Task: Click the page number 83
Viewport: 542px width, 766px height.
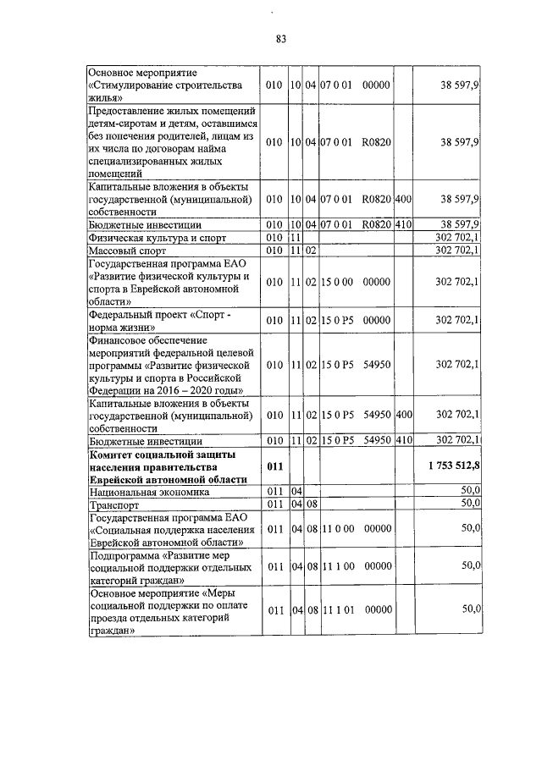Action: [x=281, y=39]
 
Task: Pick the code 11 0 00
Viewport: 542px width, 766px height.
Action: [x=337, y=529]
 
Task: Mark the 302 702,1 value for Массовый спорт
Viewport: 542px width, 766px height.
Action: [x=457, y=251]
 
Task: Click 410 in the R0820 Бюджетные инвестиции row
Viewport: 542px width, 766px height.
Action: [x=403, y=224]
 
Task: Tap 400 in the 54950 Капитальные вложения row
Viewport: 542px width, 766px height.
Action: [x=403, y=415]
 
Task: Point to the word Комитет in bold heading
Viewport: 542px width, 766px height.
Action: [x=113, y=455]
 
